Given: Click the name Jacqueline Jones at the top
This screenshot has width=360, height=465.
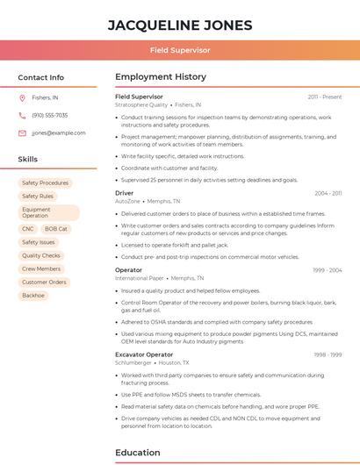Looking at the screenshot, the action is click(x=180, y=25).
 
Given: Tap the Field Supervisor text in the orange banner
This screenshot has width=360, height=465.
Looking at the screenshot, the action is click(x=180, y=50).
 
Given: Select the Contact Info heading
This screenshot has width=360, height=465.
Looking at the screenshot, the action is click(x=40, y=77).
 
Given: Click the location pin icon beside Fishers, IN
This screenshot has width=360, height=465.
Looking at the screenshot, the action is click(x=22, y=98).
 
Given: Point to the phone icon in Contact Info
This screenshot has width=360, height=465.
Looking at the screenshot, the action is click(x=22, y=115).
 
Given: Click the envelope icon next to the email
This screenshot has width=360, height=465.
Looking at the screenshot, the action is click(x=22, y=133).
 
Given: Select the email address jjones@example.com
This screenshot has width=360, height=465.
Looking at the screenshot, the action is click(x=59, y=133).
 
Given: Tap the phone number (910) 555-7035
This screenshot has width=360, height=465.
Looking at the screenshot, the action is click(x=49, y=115).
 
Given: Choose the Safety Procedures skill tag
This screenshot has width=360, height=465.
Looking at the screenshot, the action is click(x=45, y=183).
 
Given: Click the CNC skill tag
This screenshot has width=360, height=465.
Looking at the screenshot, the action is click(x=28, y=229).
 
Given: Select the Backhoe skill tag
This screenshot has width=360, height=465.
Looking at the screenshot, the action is click(x=33, y=296).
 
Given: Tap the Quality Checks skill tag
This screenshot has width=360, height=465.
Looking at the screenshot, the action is click(x=41, y=255).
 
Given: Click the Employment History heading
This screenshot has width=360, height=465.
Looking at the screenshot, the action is click(x=161, y=77).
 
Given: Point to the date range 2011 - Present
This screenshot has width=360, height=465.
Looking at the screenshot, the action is click(x=325, y=97).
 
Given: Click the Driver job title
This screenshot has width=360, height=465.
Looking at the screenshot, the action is click(x=125, y=192).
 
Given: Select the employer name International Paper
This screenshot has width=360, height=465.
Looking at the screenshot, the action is click(x=140, y=278).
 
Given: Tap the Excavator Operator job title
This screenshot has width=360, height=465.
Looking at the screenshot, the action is click(x=144, y=354).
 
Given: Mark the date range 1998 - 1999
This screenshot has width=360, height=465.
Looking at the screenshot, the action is click(x=327, y=354).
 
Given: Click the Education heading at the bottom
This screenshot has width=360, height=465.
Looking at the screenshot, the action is click(x=137, y=453).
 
